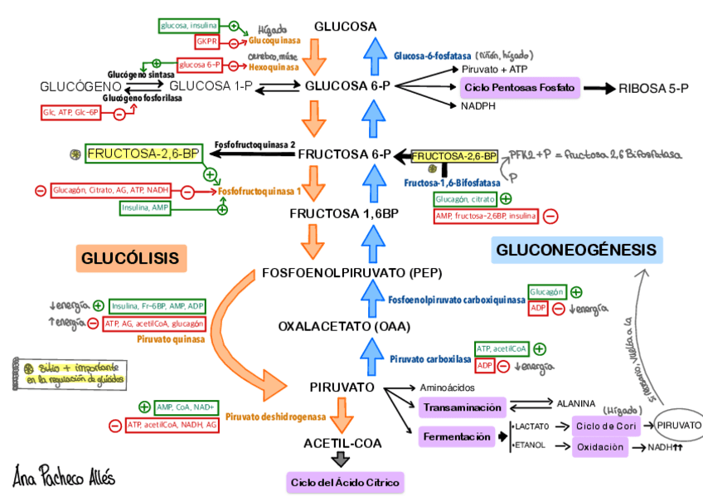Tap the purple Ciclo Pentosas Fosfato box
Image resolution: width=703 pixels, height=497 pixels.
[x=520, y=87]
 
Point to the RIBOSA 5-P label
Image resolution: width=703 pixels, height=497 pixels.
[x=653, y=88]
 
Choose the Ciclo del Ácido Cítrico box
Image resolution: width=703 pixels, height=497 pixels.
[x=344, y=482]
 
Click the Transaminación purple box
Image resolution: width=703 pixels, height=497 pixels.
[x=462, y=407]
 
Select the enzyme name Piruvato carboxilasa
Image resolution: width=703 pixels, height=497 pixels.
[x=430, y=359]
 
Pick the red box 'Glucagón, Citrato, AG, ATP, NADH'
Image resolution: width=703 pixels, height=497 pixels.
[x=111, y=191]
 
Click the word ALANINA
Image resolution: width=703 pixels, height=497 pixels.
[x=575, y=402]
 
